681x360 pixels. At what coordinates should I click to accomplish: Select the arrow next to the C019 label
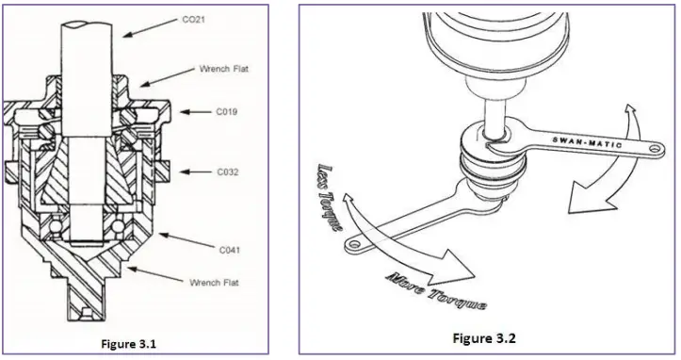pos(199,111)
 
